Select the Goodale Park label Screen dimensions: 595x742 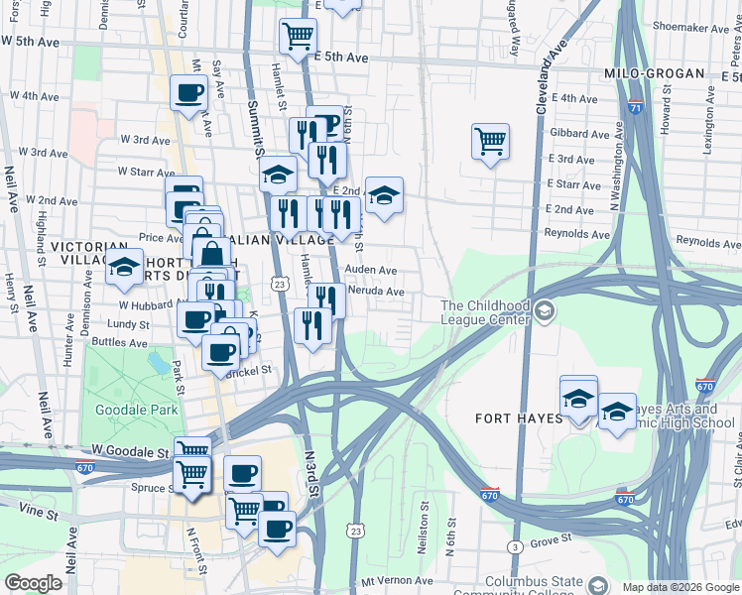click(136, 410)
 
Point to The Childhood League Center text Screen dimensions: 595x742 click(486, 313)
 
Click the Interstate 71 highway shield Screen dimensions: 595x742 click(635, 106)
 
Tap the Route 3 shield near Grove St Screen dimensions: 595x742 click(515, 547)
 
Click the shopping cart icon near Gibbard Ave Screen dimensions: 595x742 click(490, 142)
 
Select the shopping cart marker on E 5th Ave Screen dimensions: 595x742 click(298, 37)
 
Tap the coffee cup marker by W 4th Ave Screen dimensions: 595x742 click(188, 94)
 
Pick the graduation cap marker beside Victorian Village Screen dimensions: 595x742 click(125, 268)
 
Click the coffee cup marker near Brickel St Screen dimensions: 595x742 click(220, 351)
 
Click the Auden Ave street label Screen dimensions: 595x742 click(371, 270)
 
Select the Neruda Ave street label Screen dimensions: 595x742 click(374, 292)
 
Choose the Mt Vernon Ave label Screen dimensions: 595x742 click(398, 581)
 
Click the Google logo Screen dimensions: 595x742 click(32, 583)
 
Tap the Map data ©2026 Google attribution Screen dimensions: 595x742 click(679, 587)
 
